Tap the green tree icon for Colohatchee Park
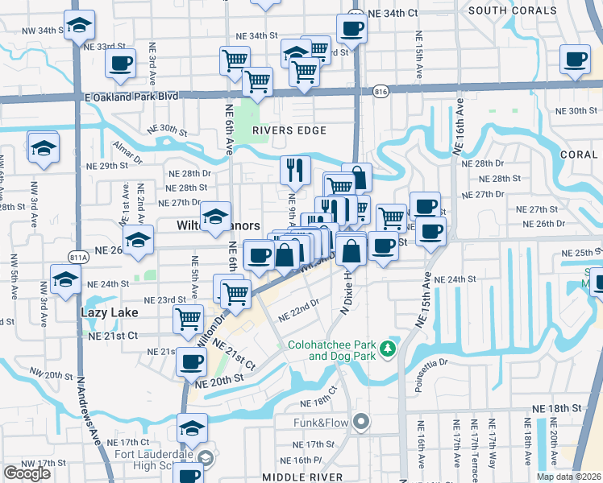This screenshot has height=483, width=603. (388, 349)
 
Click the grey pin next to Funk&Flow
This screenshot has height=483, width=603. (362, 421)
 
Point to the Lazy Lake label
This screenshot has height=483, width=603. (110, 312)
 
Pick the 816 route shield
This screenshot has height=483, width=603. (381, 93)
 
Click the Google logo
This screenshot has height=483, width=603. (27, 473)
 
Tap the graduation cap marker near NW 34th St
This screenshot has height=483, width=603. (79, 27)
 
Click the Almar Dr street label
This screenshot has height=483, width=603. (127, 147)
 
